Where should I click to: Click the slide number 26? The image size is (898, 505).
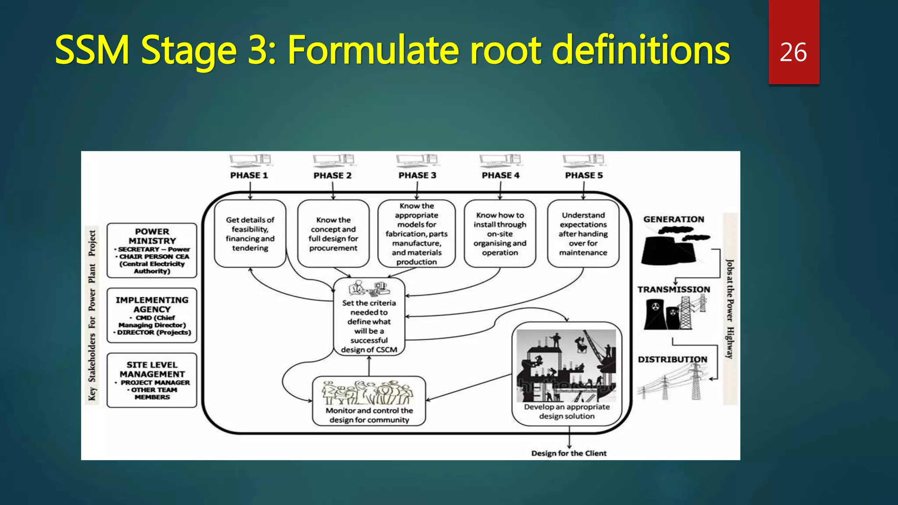tap(793, 53)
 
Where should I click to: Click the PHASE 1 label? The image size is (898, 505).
tap(249, 175)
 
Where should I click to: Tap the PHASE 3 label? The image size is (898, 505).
tap(417, 175)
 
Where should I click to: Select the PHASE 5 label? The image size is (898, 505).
tap(584, 175)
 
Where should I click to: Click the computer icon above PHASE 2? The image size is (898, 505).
tap(333, 160)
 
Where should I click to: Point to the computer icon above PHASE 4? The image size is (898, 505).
tap(500, 160)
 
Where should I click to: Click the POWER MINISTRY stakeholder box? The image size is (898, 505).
tap(152, 250)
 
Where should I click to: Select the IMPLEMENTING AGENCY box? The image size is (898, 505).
tap(152, 315)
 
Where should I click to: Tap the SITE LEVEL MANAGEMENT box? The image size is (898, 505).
tap(152, 380)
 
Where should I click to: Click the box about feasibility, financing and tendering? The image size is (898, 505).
tap(250, 234)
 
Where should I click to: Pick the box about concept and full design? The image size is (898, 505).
tap(333, 234)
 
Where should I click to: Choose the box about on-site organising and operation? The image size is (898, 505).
tap(500, 234)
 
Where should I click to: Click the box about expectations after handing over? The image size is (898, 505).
tap(583, 234)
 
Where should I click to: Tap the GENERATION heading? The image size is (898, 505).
tap(673, 219)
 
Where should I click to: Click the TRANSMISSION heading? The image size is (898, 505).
tap(673, 289)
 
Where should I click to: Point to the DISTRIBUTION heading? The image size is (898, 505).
tap(672, 359)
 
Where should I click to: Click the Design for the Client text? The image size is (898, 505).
tap(569, 453)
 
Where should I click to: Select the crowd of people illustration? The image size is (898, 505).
tap(367, 392)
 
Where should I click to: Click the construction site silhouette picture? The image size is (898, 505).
tap(566, 366)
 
